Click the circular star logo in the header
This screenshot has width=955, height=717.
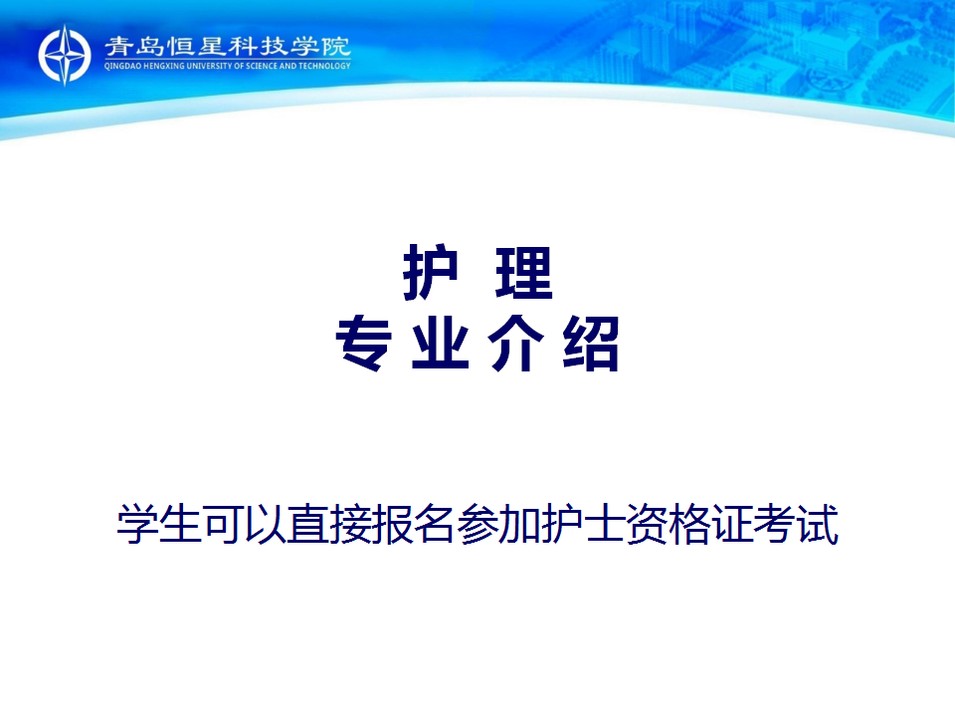click(65, 55)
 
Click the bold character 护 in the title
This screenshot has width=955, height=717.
click(431, 272)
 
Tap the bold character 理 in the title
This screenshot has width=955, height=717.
click(524, 273)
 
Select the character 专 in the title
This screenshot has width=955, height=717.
click(364, 344)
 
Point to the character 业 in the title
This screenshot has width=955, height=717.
click(441, 344)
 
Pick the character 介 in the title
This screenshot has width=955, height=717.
click(516, 344)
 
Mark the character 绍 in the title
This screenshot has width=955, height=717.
click(591, 344)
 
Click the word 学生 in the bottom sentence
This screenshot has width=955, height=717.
click(159, 524)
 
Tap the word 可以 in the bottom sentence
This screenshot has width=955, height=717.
click(245, 524)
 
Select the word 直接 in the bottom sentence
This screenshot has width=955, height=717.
click(329, 524)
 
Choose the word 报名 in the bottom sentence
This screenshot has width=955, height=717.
click(414, 524)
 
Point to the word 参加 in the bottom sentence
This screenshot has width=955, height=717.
click(498, 524)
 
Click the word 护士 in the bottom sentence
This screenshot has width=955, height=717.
click(584, 524)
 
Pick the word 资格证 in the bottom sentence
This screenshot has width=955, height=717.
click(689, 524)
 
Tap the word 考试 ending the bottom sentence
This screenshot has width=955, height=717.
click(796, 524)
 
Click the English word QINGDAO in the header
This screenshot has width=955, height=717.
click(122, 66)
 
